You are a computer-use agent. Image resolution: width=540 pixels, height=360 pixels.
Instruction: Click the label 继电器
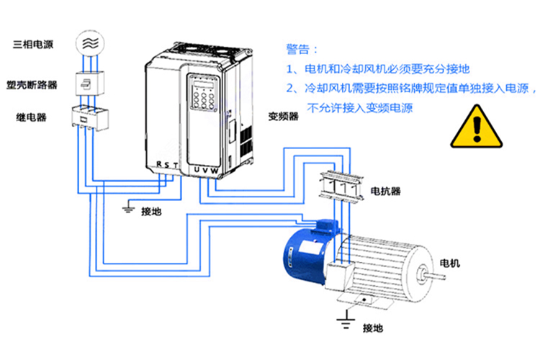click(32, 116)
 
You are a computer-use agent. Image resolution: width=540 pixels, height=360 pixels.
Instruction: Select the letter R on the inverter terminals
click(158, 165)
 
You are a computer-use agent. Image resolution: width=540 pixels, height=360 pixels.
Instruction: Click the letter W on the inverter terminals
click(214, 169)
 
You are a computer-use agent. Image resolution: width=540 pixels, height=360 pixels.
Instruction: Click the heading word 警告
click(300, 50)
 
